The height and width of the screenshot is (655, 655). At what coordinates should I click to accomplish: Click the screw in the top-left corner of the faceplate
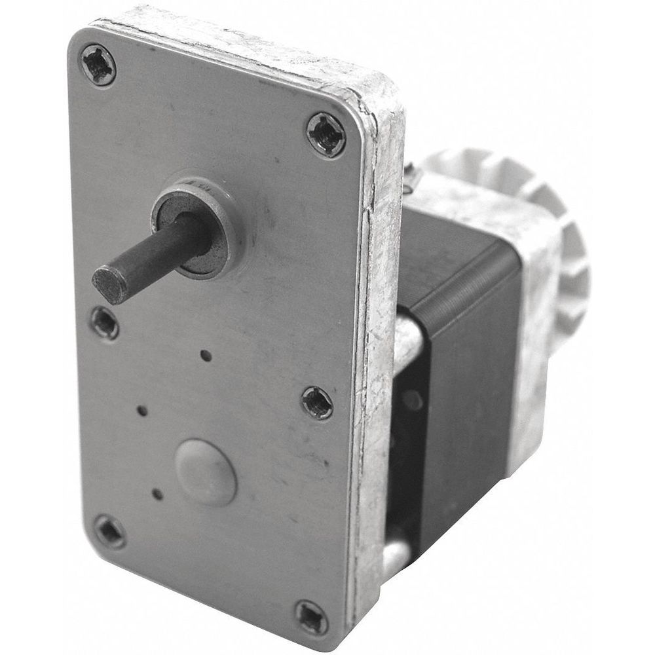pos(99,64)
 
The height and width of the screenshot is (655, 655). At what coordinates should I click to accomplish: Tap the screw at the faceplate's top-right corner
pos(326,135)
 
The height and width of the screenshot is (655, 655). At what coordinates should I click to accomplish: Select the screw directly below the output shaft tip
pos(105,322)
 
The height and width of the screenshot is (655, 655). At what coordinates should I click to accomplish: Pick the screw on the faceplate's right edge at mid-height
pos(317,402)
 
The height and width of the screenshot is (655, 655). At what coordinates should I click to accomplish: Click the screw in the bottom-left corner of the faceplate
pos(109,531)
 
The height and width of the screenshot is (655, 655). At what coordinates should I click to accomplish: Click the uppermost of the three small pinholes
pos(206,356)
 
